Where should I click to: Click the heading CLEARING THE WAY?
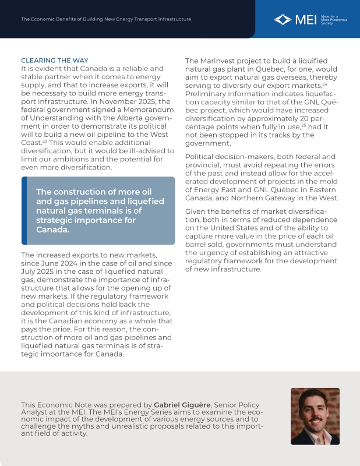[x=55, y=61]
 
